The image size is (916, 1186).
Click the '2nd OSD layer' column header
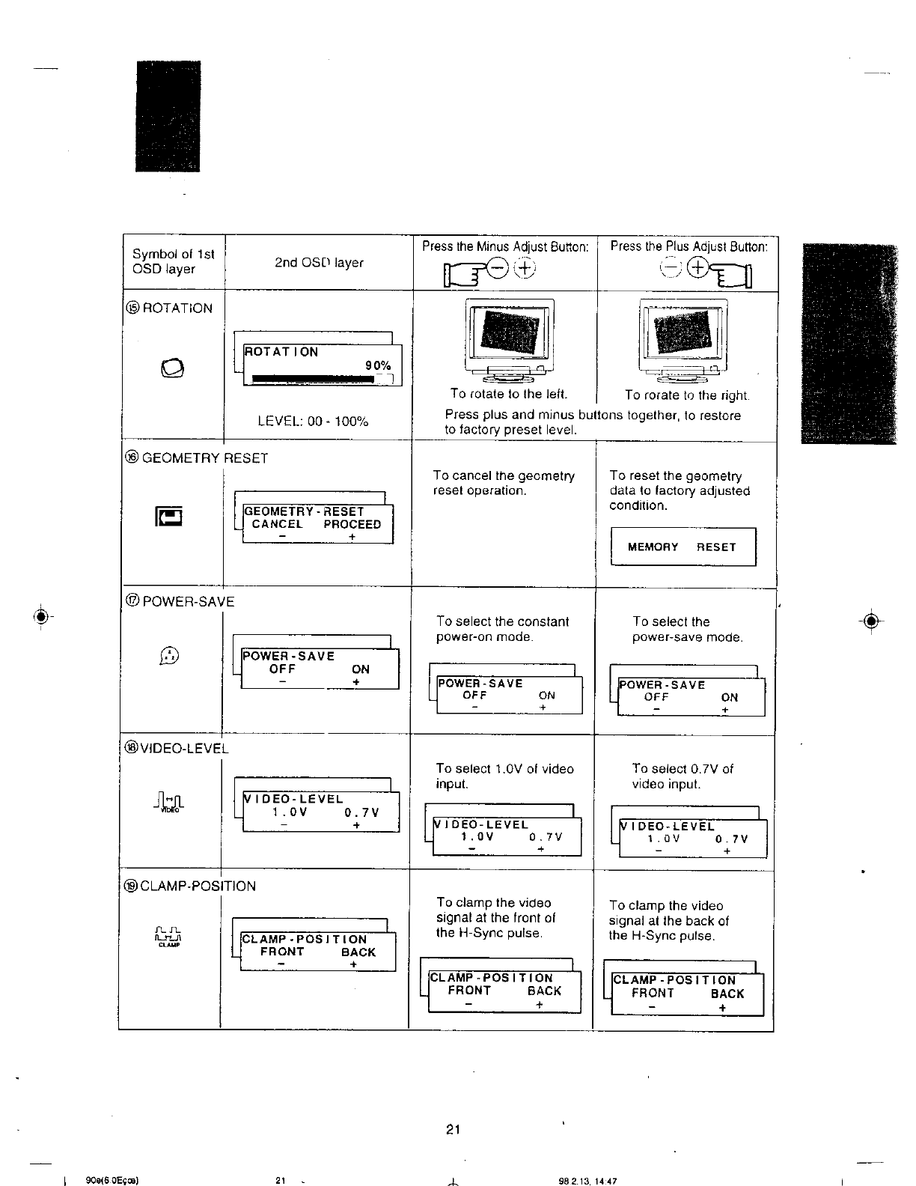tap(319, 263)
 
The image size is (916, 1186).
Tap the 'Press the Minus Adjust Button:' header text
tap(505, 246)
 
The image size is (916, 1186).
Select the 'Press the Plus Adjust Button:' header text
tap(688, 246)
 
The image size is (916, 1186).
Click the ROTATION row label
tap(170, 308)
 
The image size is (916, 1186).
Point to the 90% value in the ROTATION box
tap(378, 365)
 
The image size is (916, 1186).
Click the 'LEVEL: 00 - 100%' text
tap(313, 422)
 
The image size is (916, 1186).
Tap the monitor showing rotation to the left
tap(510, 338)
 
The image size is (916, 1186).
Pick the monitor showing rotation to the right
tap(684, 338)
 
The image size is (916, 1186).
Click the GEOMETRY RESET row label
tap(197, 458)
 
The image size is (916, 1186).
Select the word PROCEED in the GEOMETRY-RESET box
tap(352, 524)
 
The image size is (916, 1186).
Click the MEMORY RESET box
tap(683, 547)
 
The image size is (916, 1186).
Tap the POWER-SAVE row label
tap(180, 601)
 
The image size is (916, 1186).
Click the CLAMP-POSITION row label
tap(191, 886)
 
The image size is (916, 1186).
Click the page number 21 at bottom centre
tap(452, 1130)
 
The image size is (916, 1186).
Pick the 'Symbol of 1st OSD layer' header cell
tap(174, 261)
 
